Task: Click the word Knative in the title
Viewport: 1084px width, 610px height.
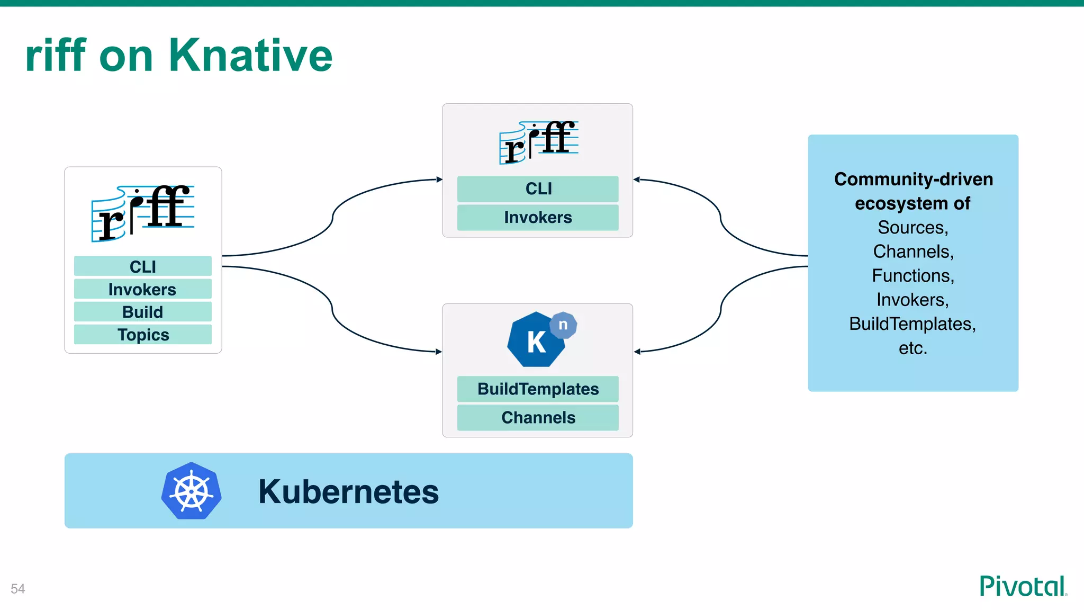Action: pyautogui.click(x=250, y=56)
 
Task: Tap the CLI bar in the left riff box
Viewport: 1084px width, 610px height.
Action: pyautogui.click(x=143, y=266)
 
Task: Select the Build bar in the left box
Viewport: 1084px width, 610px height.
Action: pyautogui.click(x=143, y=312)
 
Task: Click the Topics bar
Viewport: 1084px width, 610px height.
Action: pyautogui.click(x=143, y=335)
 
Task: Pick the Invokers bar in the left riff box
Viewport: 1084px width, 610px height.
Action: pyautogui.click(x=143, y=289)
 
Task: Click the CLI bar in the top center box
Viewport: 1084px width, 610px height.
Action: pyautogui.click(x=538, y=189)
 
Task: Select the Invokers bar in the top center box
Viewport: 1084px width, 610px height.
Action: pyautogui.click(x=538, y=217)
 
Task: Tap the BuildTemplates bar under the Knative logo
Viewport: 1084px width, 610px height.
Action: pyautogui.click(x=538, y=389)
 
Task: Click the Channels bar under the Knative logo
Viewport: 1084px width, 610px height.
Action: pyautogui.click(x=538, y=417)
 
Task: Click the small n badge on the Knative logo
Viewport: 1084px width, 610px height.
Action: pyautogui.click(x=563, y=325)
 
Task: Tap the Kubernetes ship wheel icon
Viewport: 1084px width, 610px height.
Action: pyautogui.click(x=191, y=491)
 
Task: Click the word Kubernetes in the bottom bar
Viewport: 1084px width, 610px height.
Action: pyautogui.click(x=348, y=491)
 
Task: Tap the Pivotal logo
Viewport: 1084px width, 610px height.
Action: pyautogui.click(x=1023, y=586)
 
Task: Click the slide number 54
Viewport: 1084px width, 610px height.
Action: pyautogui.click(x=18, y=589)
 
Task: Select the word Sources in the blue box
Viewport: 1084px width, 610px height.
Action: pyautogui.click(x=913, y=227)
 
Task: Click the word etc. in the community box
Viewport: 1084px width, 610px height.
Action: pyautogui.click(x=913, y=348)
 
